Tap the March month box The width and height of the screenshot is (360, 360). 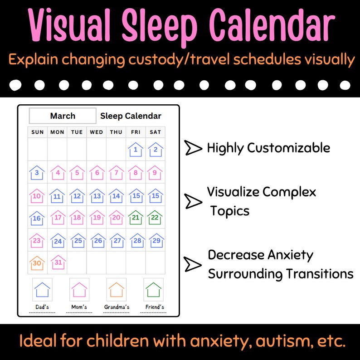click(63, 116)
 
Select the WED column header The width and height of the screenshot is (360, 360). click(96, 132)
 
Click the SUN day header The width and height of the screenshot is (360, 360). click(37, 132)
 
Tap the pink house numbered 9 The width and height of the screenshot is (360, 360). click(155, 172)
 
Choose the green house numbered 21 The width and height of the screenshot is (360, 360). click(136, 218)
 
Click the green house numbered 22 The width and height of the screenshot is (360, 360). click(155, 218)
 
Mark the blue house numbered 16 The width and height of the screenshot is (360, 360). click(37, 218)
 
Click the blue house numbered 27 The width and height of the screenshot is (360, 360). click(116, 240)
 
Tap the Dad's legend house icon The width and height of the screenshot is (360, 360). click(42, 289)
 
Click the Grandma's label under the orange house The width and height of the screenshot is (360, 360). click(117, 307)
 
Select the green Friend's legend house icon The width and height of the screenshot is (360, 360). click(154, 289)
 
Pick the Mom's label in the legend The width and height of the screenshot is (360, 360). click(79, 307)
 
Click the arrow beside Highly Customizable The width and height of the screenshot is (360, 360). click(193, 148)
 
